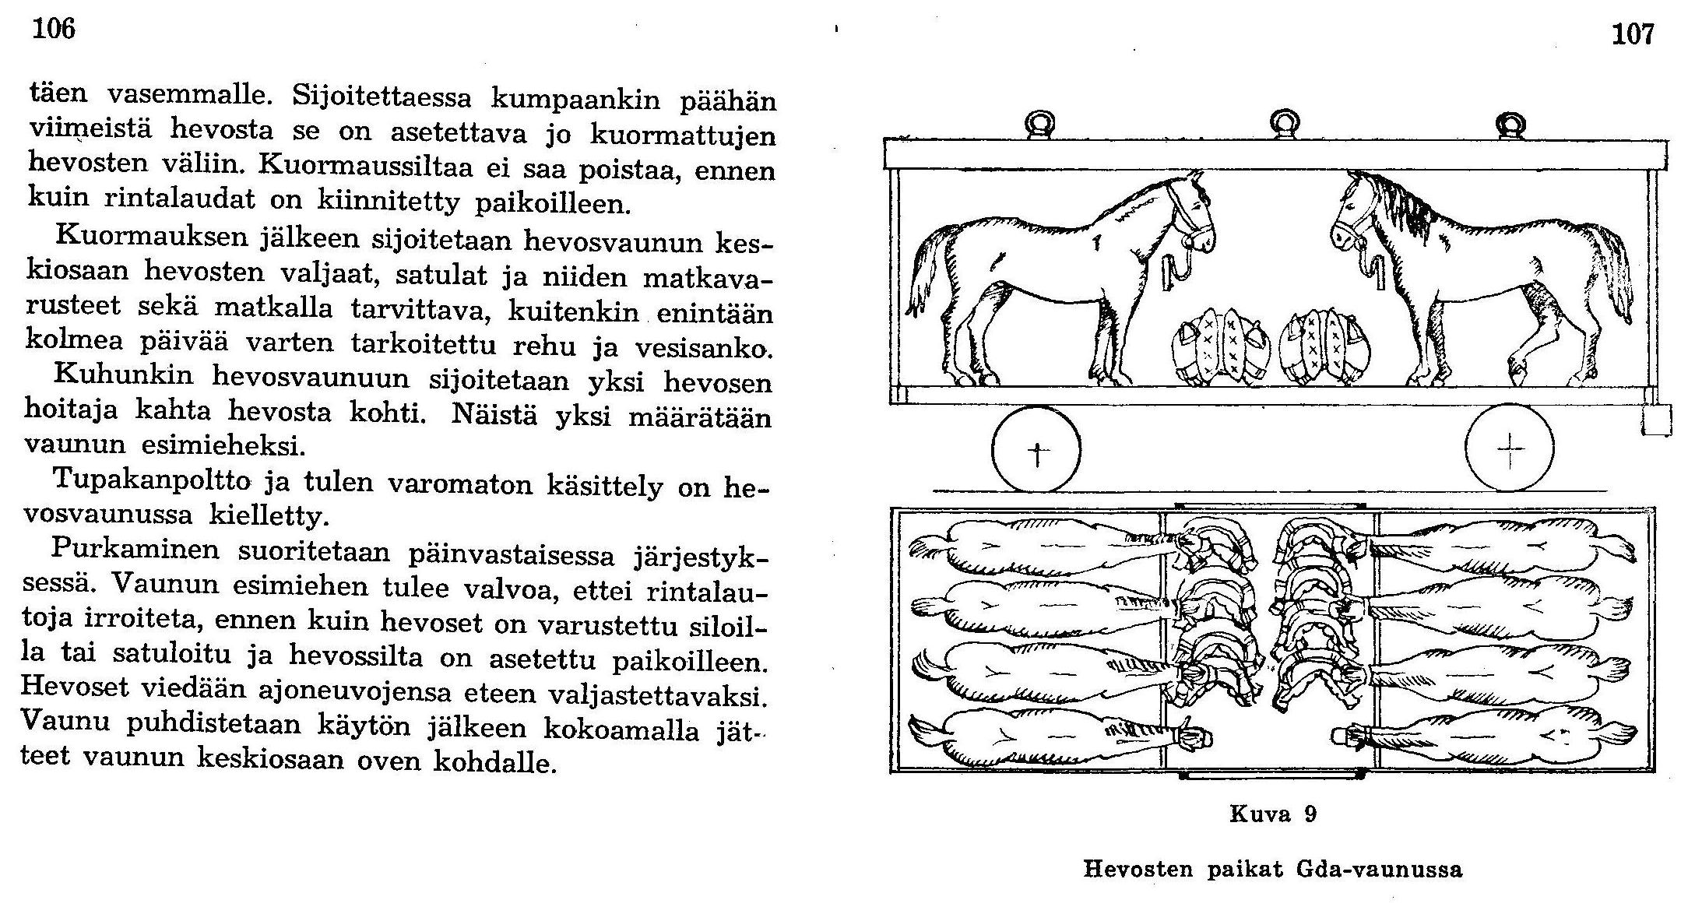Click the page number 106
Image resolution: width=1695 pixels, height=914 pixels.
coord(54,29)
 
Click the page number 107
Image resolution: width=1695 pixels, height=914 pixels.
coord(1633,34)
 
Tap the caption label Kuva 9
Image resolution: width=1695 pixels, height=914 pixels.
coord(1273,814)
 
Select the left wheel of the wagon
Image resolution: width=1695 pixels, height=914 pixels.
coord(1036,450)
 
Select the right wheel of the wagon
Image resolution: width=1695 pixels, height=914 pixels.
coord(1509,449)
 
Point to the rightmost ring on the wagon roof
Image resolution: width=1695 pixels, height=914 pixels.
coord(1511,125)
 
